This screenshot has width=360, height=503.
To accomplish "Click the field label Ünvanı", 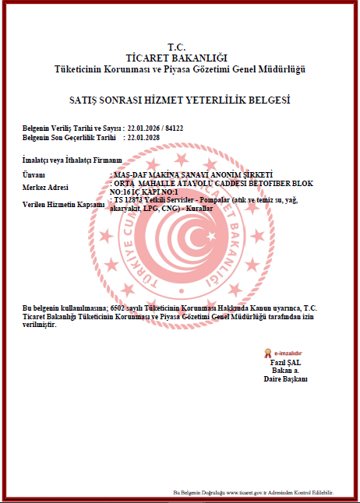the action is click(34, 174).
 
